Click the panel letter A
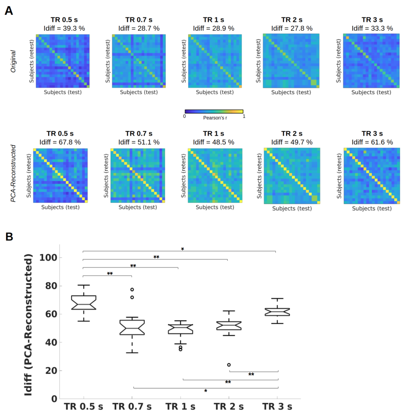click(8, 11)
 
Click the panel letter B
click(8, 237)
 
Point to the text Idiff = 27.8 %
click(291, 28)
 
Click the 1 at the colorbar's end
click(244, 116)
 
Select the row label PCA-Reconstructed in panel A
click(13, 173)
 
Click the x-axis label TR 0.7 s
click(132, 407)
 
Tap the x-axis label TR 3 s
click(277, 407)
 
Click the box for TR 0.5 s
click(84, 302)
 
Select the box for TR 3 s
click(277, 312)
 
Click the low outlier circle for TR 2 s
click(229, 365)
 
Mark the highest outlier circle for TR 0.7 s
click(132, 289)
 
